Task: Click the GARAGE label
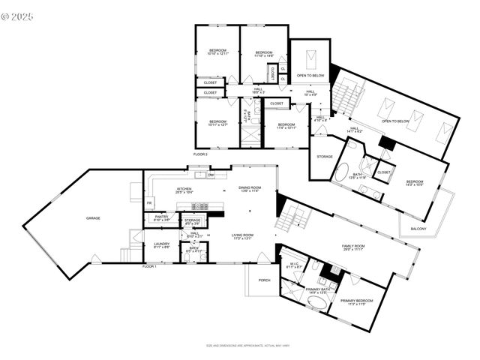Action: tap(93, 218)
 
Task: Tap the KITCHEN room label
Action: tap(184, 189)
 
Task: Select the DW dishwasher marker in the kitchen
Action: tap(211, 175)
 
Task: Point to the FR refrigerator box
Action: tap(149, 203)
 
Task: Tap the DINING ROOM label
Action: tap(250, 188)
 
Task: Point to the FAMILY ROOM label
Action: tap(353, 247)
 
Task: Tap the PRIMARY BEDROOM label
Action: tap(357, 301)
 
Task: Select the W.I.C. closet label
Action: tap(294, 265)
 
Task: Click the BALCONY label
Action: tap(418, 229)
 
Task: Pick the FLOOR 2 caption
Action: tap(200, 154)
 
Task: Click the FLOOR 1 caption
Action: tap(149, 266)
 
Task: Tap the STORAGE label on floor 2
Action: tap(324, 157)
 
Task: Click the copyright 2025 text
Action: tap(18, 15)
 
